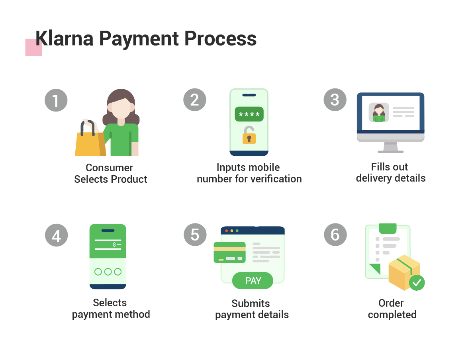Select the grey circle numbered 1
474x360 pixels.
(56, 100)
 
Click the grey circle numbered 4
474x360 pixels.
(56, 235)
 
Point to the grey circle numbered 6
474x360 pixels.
(335, 235)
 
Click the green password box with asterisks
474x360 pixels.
(249, 114)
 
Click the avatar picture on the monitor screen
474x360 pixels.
(378, 113)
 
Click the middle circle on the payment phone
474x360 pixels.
(108, 272)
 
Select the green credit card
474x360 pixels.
(229, 252)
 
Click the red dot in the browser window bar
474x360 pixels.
(227, 231)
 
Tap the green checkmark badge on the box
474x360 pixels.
(417, 282)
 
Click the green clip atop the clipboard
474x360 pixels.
(388, 228)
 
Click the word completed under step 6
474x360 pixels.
(392, 315)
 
